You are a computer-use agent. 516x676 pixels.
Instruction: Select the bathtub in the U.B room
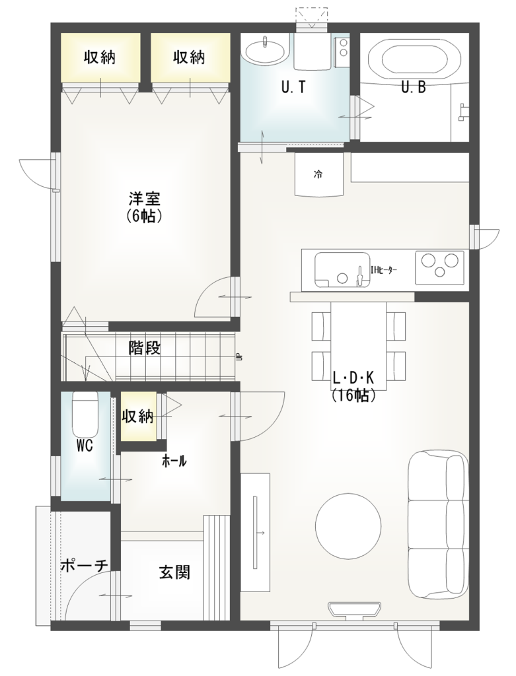(415, 57)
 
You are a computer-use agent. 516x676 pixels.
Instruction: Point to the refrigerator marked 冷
(318, 175)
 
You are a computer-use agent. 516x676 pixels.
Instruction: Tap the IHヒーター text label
(384, 269)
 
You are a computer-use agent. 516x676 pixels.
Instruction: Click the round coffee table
(348, 526)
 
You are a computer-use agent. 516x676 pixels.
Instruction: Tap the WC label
(83, 446)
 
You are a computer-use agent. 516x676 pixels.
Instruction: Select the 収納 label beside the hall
(137, 417)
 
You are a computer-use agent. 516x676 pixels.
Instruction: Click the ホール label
(174, 461)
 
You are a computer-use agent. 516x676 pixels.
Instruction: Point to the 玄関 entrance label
(174, 572)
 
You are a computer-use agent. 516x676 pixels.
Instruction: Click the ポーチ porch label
(84, 566)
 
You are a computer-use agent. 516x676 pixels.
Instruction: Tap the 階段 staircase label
(145, 348)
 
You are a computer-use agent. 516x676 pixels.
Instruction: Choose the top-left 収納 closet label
(100, 57)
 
